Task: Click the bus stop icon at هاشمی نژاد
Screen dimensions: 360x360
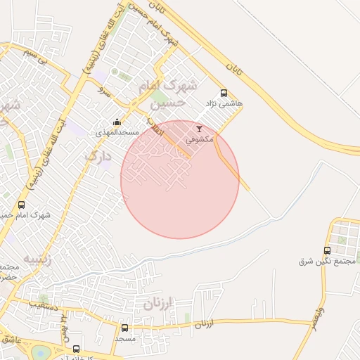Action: (x=224, y=93)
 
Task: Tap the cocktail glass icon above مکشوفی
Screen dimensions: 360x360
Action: (x=199, y=129)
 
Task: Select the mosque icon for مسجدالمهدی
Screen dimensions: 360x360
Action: (x=117, y=122)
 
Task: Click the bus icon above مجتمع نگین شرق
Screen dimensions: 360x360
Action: (x=327, y=250)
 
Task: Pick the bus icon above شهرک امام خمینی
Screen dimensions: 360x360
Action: (x=21, y=205)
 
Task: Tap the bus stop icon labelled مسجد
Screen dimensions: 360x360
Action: (x=124, y=328)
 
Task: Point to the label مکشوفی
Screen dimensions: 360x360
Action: (x=200, y=139)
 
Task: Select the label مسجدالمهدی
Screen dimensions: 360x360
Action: (x=119, y=132)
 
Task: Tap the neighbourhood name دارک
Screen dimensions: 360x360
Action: (x=98, y=155)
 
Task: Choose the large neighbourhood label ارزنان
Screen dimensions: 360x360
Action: (x=157, y=304)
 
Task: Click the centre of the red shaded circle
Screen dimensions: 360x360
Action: (x=180, y=179)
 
